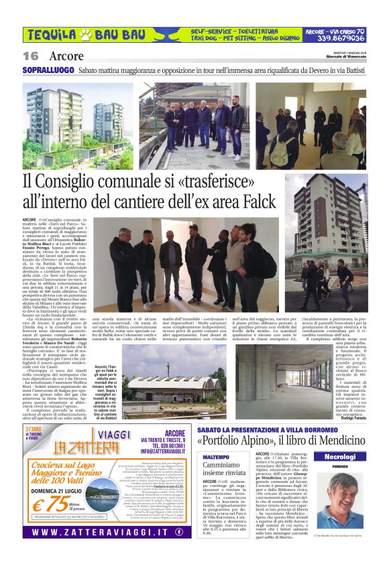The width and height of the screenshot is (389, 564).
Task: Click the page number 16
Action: click(31, 56)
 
